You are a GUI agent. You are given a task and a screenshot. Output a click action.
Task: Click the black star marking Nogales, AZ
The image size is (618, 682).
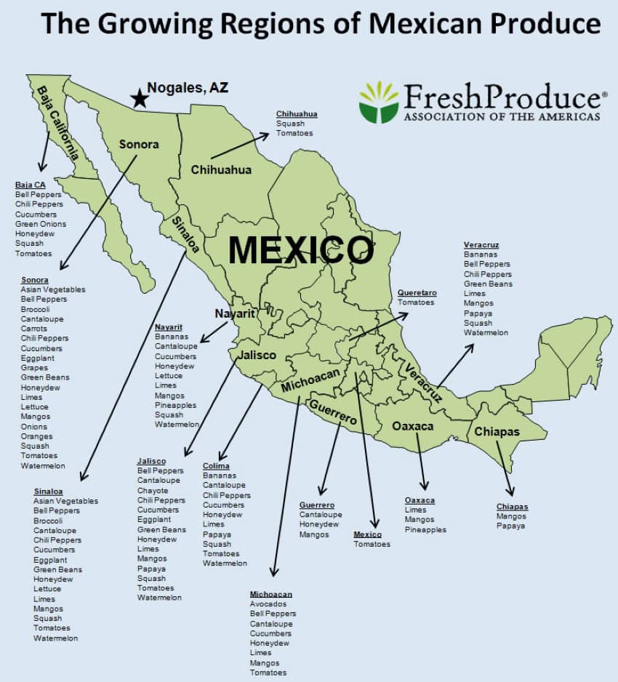pos(138,97)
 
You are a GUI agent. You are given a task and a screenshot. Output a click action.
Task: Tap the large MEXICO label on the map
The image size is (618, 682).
pos(300,250)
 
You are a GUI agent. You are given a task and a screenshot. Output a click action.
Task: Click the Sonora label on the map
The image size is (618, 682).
pos(139,145)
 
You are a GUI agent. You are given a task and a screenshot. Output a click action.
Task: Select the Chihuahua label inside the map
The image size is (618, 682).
pos(221,170)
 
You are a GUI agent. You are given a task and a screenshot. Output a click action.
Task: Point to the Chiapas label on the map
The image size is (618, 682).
pos(497,432)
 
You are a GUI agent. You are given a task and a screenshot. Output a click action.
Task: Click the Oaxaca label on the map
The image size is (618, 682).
pos(413,426)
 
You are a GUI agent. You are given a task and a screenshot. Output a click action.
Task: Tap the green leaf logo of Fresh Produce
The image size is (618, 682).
pos(379,103)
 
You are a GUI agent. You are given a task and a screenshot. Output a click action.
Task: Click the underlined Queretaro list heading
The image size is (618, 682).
pos(417,292)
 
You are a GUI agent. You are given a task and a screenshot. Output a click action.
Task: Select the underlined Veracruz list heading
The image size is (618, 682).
pos(481,245)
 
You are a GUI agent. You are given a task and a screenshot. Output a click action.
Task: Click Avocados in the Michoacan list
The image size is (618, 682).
pos(268,604)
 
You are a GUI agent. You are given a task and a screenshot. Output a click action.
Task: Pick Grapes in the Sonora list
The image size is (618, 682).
pos(34,368)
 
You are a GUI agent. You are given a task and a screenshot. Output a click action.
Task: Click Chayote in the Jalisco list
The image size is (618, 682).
pos(153,491)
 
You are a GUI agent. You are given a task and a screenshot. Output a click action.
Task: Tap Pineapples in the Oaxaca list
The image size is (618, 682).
pos(425,530)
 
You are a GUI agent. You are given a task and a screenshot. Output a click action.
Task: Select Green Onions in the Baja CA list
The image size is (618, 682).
pos(41,224)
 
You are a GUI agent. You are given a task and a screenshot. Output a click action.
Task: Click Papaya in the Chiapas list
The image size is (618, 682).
pos(510,526)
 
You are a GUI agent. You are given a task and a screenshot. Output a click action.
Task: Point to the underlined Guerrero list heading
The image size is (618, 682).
pos(317,505)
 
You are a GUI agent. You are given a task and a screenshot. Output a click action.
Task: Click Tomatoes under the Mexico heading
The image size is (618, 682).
pos(372,544)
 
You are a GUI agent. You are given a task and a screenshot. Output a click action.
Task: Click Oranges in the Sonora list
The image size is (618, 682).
pos(36,436)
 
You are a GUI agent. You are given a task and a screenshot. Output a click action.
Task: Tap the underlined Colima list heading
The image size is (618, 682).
pos(216,466)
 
